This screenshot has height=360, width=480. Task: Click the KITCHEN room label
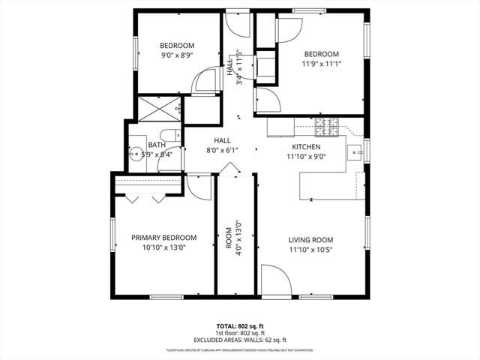306,147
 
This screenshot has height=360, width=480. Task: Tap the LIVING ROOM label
310,240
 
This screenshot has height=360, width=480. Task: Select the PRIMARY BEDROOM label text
163,237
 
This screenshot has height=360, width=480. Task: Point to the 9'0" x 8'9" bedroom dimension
177,55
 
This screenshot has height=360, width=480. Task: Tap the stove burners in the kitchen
327,123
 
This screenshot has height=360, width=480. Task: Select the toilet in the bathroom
171,136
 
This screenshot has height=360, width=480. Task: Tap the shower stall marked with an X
157,108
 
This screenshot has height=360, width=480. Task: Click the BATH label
156,145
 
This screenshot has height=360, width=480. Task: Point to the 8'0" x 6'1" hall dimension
222,150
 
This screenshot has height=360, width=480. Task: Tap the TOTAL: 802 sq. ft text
240,326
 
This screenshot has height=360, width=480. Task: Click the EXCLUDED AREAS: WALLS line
240,340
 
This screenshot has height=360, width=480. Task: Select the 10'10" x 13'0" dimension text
163,247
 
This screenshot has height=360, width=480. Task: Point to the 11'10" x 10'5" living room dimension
310,250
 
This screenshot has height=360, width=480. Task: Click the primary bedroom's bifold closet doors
145,198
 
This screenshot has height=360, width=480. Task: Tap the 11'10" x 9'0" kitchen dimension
306,157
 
